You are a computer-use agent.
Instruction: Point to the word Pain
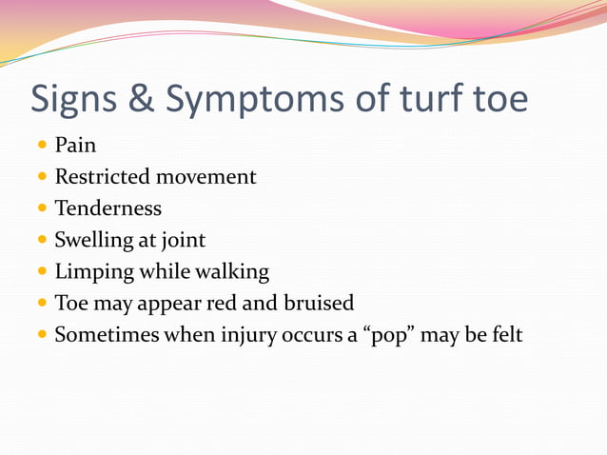point(75,146)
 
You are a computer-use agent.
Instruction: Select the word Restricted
point(103,177)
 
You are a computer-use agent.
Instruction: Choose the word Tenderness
point(108,208)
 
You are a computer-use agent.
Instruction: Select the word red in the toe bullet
point(223,304)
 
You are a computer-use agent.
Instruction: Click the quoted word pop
point(387,336)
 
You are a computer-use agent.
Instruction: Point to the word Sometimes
point(107,335)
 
